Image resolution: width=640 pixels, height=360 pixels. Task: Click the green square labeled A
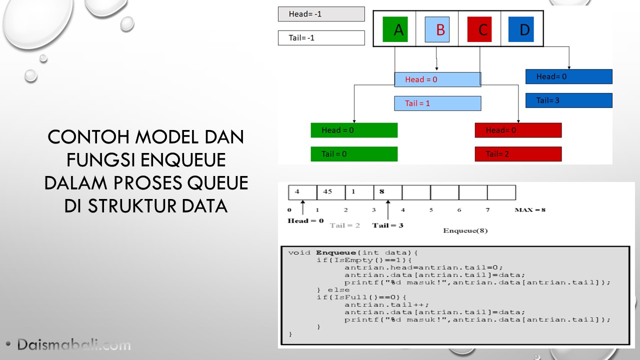[x=395, y=29]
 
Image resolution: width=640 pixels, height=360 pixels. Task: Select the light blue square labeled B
[x=437, y=29]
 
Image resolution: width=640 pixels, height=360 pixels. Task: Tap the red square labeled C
[x=479, y=29]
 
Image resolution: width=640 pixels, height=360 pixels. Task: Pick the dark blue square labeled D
[x=521, y=29]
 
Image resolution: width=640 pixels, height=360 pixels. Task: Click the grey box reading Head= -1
[x=321, y=14]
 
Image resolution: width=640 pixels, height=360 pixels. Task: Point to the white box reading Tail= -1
[x=321, y=37]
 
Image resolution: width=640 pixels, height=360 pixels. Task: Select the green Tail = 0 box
[x=354, y=154]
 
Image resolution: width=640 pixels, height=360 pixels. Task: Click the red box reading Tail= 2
[x=518, y=154]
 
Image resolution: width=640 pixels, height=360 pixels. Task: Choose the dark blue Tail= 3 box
[x=569, y=100]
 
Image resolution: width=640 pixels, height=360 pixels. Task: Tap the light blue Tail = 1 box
[x=437, y=103]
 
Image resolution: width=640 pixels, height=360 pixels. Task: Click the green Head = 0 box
[x=354, y=130]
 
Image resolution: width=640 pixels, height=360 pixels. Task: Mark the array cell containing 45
[x=331, y=192]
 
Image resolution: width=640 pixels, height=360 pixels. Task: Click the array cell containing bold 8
[x=387, y=192]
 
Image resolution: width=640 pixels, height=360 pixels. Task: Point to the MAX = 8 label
[x=530, y=209]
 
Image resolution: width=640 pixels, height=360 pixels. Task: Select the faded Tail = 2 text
[x=344, y=225]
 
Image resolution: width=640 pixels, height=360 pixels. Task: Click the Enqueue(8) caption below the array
[x=465, y=230]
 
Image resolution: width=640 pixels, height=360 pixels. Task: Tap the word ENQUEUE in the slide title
[x=183, y=160]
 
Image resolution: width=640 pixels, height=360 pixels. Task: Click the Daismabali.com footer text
[x=73, y=344]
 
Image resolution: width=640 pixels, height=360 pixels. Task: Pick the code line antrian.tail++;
[x=386, y=304]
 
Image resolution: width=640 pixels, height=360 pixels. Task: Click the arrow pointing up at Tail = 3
[x=387, y=209]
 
